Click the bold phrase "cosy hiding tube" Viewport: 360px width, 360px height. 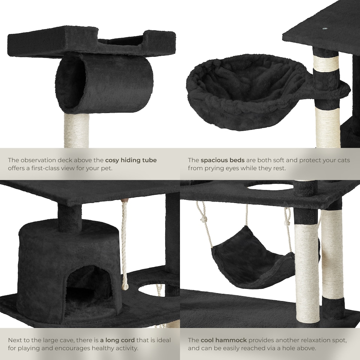(131, 160)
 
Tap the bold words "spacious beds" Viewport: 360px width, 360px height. (222, 160)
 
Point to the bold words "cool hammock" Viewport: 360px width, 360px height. (223, 340)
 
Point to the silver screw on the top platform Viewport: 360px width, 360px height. (324, 28)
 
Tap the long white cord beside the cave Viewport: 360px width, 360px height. (124, 244)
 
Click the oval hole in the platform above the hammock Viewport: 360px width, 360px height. (269, 186)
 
